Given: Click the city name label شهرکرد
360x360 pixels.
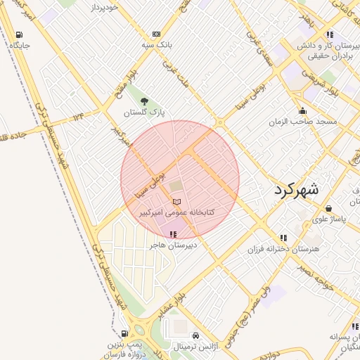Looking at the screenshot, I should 294,189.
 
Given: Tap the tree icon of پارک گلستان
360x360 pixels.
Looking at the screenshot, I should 145,101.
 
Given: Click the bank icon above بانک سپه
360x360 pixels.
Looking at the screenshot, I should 156,34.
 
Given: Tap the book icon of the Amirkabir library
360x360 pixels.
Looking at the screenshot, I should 176,202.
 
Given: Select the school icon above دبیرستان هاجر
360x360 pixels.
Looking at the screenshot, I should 173,235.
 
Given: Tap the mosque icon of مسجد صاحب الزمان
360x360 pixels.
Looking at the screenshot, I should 303,110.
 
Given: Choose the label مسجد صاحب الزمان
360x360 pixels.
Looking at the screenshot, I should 303,122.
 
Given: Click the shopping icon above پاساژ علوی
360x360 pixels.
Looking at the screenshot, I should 329,209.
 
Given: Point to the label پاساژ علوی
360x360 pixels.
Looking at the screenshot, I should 329,220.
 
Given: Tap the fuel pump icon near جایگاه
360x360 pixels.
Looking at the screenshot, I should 18,34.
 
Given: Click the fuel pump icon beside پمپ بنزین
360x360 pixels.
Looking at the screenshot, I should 124,333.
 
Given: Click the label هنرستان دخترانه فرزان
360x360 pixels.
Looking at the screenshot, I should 283,250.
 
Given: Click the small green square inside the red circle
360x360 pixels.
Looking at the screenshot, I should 174,186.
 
